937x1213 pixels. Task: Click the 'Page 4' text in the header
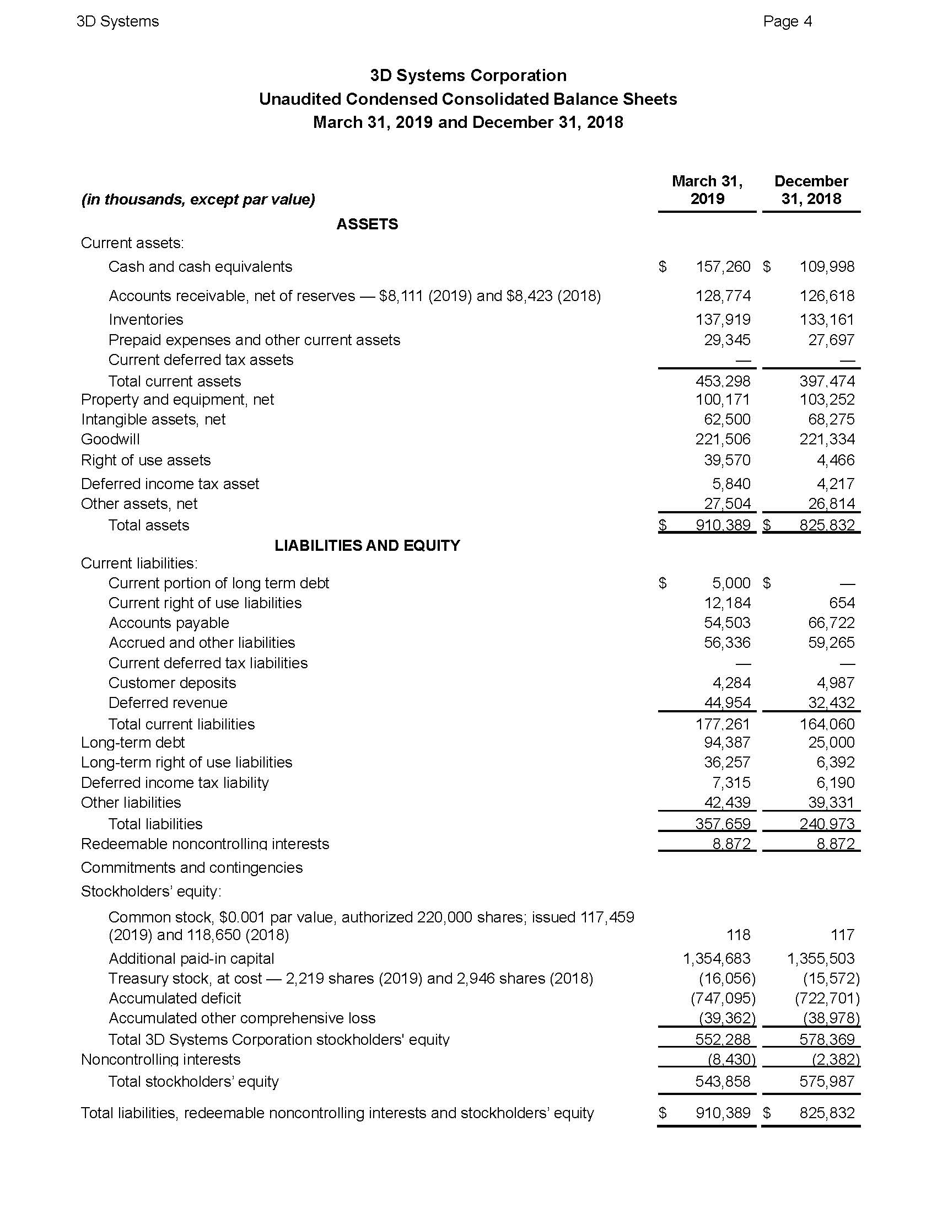tap(787, 22)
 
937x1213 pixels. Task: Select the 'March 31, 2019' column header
tap(707, 190)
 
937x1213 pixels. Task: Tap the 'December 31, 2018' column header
tap(810, 190)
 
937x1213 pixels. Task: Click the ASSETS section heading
tap(367, 224)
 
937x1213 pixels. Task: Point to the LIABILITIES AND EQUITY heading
tap(367, 545)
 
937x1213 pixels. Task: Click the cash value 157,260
tap(723, 267)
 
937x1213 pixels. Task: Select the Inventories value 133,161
tap(827, 320)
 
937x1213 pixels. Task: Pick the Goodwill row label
tap(110, 439)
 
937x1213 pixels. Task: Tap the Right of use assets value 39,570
tap(726, 460)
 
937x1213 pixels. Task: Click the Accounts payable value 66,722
tap(831, 623)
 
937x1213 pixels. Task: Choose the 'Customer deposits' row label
tap(172, 683)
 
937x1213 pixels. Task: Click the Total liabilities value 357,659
tap(723, 824)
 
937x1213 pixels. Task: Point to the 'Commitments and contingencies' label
tap(191, 868)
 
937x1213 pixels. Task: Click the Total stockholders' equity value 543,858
tap(723, 1081)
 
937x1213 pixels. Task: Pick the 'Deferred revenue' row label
tap(168, 703)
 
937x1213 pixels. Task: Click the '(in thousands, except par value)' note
tap(198, 200)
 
